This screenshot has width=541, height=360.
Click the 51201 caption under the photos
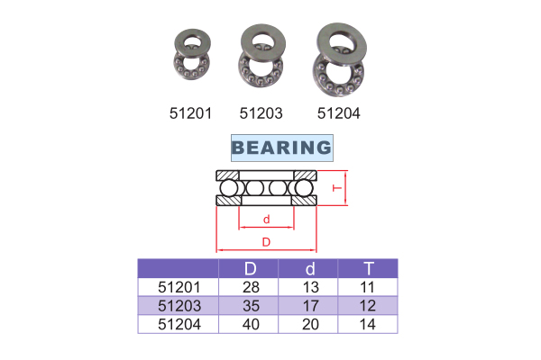(x=190, y=113)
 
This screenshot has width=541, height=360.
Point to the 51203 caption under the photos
(x=261, y=113)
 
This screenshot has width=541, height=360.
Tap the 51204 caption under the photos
(x=339, y=113)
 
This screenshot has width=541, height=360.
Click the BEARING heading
(x=282, y=148)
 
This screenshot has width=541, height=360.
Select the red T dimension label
(x=337, y=188)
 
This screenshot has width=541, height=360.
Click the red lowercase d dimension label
(x=266, y=220)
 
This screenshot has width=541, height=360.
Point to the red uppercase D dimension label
(x=266, y=242)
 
